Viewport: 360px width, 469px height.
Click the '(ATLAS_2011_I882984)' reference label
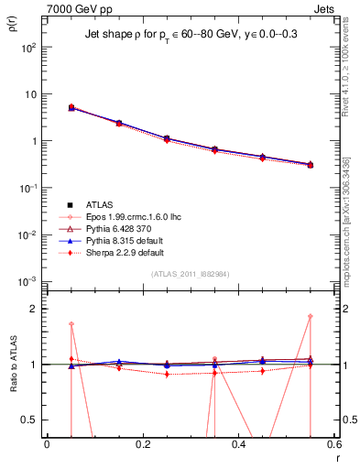189,274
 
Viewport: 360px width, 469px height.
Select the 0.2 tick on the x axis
142,444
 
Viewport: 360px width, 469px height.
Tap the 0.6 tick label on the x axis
333,444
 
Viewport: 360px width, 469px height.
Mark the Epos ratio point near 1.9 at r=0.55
311,317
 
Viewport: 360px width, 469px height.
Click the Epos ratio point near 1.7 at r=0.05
71,324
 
